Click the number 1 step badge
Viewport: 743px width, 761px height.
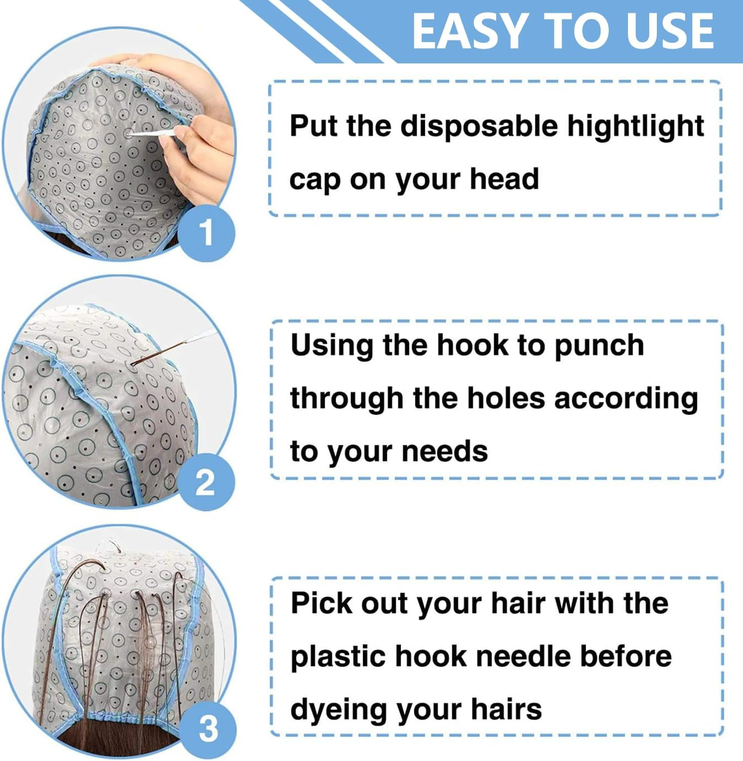[x=206, y=233]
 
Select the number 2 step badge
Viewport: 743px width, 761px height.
[x=205, y=482]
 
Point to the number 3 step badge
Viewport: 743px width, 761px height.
[x=208, y=729]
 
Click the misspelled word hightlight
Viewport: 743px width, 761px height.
[x=635, y=127]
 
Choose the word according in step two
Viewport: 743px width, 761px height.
[x=626, y=399]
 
